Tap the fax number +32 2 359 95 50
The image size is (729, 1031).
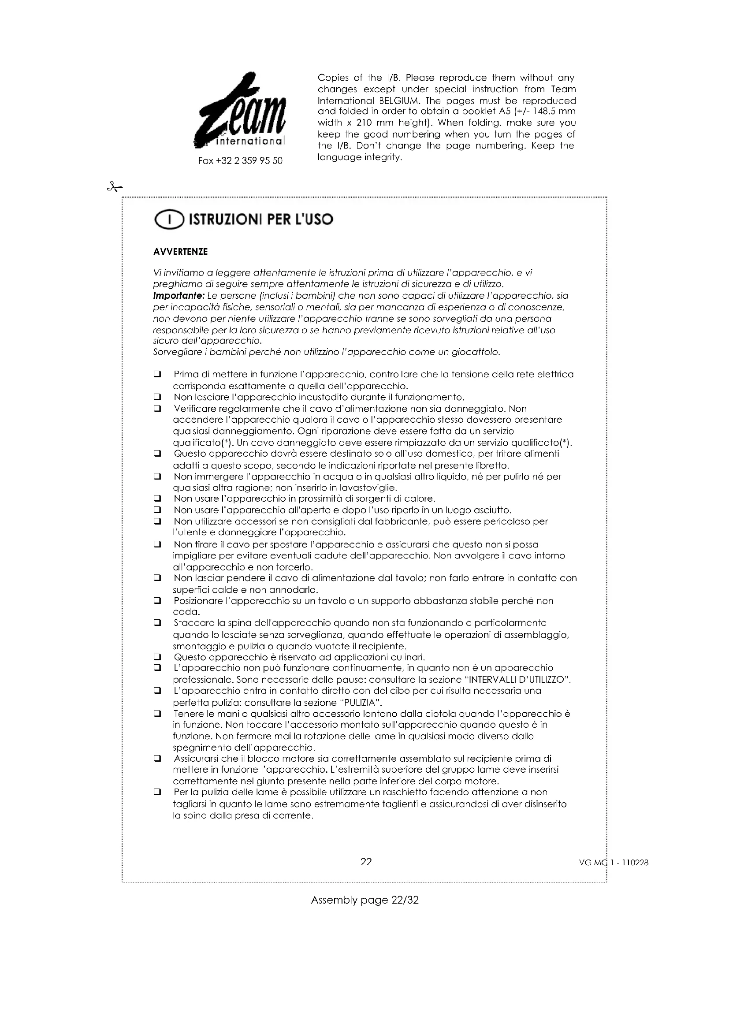coord(240,161)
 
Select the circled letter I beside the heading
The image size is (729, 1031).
coord(169,220)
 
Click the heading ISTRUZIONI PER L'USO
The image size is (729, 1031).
coord(261,220)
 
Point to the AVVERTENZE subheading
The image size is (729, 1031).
coord(180,252)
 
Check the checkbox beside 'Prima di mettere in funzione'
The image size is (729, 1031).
coord(157,374)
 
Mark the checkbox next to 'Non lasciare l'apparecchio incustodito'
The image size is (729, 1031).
coord(157,397)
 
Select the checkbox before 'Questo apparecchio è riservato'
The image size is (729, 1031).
coord(157,657)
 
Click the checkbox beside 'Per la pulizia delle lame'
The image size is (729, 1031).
coord(157,793)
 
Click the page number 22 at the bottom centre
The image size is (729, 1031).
coord(366,862)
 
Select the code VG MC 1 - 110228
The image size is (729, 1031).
coord(614,863)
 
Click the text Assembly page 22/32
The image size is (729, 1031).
coord(364,901)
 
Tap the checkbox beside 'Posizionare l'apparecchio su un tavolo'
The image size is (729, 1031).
coord(157,601)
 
